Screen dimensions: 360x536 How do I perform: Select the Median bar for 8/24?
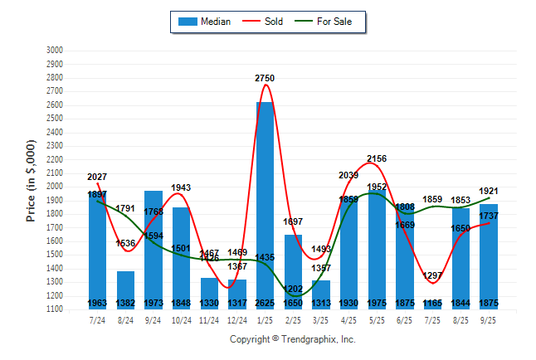point(125,290)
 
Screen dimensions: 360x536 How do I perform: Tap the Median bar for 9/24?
point(153,250)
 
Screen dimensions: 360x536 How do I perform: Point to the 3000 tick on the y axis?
point(54,51)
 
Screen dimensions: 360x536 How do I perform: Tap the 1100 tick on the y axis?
point(54,309)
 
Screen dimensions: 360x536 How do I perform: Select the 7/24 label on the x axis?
point(97,319)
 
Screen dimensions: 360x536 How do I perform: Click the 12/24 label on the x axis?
point(237,319)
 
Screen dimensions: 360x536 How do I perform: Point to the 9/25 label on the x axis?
point(488,319)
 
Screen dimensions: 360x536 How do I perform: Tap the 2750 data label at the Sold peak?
point(266,77)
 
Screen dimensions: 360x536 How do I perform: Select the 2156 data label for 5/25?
point(377,158)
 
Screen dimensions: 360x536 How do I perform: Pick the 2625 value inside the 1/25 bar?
point(265,304)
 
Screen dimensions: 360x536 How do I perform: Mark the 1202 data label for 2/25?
point(293,289)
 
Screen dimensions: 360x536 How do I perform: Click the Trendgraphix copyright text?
point(292,339)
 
